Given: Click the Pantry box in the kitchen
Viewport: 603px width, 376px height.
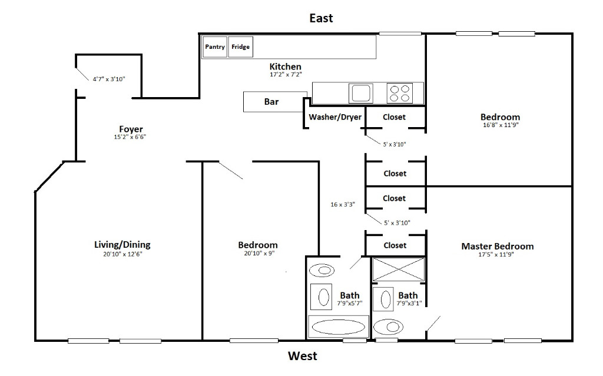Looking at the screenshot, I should coord(215,47).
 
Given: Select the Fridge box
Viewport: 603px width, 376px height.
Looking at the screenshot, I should coord(240,47).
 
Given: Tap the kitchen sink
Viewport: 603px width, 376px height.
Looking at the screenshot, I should coord(360,92).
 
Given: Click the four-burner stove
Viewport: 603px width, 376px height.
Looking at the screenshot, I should coord(399,93).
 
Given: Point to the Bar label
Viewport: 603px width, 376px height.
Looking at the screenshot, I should coord(271,102).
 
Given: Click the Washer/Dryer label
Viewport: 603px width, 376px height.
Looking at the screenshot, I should coord(335,117).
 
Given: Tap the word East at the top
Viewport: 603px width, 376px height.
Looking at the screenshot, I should coord(321,18).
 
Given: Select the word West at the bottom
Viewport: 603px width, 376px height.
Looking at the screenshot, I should coord(302,356).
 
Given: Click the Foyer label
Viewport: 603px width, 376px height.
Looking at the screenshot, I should coord(131,129).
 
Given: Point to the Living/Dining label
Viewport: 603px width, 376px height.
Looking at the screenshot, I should coord(122,245).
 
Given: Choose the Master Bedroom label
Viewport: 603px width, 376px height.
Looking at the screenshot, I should coord(498,246).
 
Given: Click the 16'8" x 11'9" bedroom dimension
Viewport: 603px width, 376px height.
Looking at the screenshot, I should coord(500,125).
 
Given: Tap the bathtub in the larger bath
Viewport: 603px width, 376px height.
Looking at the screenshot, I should coord(339,327).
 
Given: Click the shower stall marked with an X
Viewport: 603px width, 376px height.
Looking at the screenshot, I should coord(398,268).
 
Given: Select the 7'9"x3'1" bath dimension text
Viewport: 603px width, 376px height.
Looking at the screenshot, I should coord(409,303).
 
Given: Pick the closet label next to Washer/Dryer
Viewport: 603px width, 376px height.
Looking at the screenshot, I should coord(394,117).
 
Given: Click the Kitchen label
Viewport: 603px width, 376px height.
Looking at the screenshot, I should coord(286,67).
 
